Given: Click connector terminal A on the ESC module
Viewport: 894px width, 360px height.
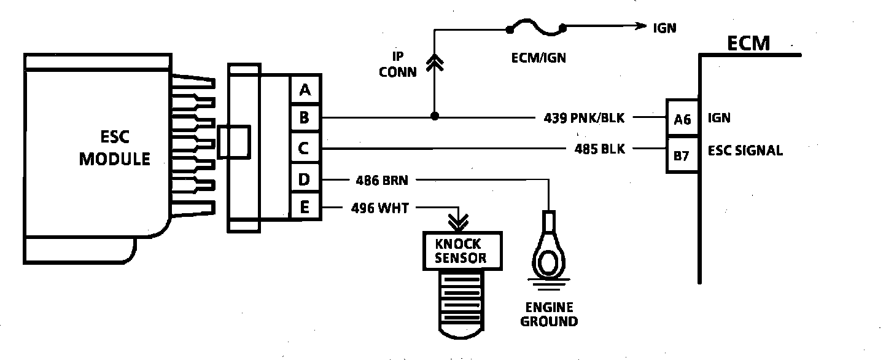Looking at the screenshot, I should coord(305,91).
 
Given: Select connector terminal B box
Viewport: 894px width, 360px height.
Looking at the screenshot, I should coord(305,117).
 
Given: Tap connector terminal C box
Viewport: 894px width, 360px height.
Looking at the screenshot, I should coord(305,148).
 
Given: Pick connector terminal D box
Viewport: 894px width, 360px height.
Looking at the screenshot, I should coord(305,180).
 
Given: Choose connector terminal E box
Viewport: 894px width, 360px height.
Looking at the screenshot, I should coord(305,207).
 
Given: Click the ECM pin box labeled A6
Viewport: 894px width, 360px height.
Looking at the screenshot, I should coord(682,119).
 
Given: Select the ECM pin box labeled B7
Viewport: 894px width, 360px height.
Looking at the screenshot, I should coord(682,155).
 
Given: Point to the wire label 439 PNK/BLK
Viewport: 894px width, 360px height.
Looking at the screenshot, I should coord(584,117).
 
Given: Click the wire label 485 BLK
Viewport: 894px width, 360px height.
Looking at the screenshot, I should coord(599,149).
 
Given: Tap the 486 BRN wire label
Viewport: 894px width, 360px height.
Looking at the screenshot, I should coord(382,180).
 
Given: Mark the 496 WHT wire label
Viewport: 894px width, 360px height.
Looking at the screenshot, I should coord(381,208).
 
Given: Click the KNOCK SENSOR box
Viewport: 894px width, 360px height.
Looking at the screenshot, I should coord(462,251).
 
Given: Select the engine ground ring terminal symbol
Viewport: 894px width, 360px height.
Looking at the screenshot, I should coord(548,257).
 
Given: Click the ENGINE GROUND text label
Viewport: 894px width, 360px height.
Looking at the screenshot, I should coord(548,314).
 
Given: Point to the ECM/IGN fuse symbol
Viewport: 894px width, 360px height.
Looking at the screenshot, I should coord(535,28).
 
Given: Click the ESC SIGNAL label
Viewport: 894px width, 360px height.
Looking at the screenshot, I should coord(745,151).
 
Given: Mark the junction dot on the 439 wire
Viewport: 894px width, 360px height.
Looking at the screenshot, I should coord(434,116).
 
